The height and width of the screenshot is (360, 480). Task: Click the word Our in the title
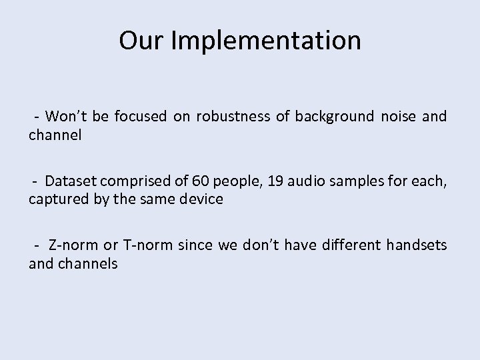tap(142, 41)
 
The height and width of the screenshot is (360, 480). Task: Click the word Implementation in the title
tap(266, 41)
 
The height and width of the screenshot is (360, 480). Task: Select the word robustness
tap(233, 117)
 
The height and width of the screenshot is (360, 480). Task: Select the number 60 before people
tap(199, 181)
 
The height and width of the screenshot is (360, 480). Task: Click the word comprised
tap(133, 181)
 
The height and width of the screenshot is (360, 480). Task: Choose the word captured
tap(55, 199)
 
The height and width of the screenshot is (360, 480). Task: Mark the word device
tap(201, 199)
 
